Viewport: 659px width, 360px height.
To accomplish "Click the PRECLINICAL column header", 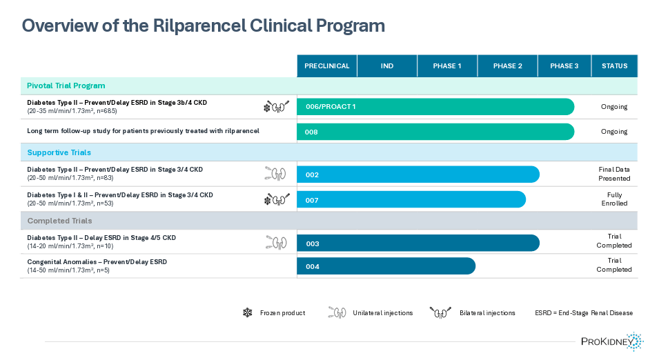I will pyautogui.click(x=327, y=66).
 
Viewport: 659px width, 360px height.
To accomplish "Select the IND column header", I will pyautogui.click(x=387, y=66).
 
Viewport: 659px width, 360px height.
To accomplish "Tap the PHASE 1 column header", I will pyautogui.click(x=447, y=66).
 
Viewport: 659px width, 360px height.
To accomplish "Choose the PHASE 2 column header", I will pyautogui.click(x=507, y=66).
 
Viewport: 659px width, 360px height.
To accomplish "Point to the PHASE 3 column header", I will pyautogui.click(x=564, y=66).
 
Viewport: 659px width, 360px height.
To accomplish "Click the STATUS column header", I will pyautogui.click(x=614, y=66).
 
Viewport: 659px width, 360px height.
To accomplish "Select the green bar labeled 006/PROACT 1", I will pyautogui.click(x=435, y=107).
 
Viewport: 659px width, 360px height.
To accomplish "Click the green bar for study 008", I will pyautogui.click(x=435, y=132).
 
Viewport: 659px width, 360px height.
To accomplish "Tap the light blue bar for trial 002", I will pyautogui.click(x=417, y=174).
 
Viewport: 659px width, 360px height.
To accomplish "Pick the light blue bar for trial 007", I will pyautogui.click(x=411, y=200).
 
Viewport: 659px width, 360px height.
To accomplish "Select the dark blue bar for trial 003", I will pyautogui.click(x=417, y=243).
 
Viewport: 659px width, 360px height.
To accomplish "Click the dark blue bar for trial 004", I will pyautogui.click(x=386, y=266).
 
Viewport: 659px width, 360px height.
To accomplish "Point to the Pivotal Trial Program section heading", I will pyautogui.click(x=66, y=86).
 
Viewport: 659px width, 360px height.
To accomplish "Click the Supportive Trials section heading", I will pyautogui.click(x=59, y=152).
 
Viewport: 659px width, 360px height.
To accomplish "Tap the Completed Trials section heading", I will pyautogui.click(x=59, y=221).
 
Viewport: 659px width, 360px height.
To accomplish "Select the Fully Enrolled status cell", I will pyautogui.click(x=614, y=199).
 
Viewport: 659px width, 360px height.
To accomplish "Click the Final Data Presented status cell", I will pyautogui.click(x=614, y=174).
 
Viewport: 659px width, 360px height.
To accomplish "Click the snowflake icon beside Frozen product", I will pyautogui.click(x=247, y=313).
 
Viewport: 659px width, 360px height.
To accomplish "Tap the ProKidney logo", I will pyautogui.click(x=611, y=341).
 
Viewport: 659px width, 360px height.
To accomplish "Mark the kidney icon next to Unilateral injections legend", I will pyautogui.click(x=337, y=313).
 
